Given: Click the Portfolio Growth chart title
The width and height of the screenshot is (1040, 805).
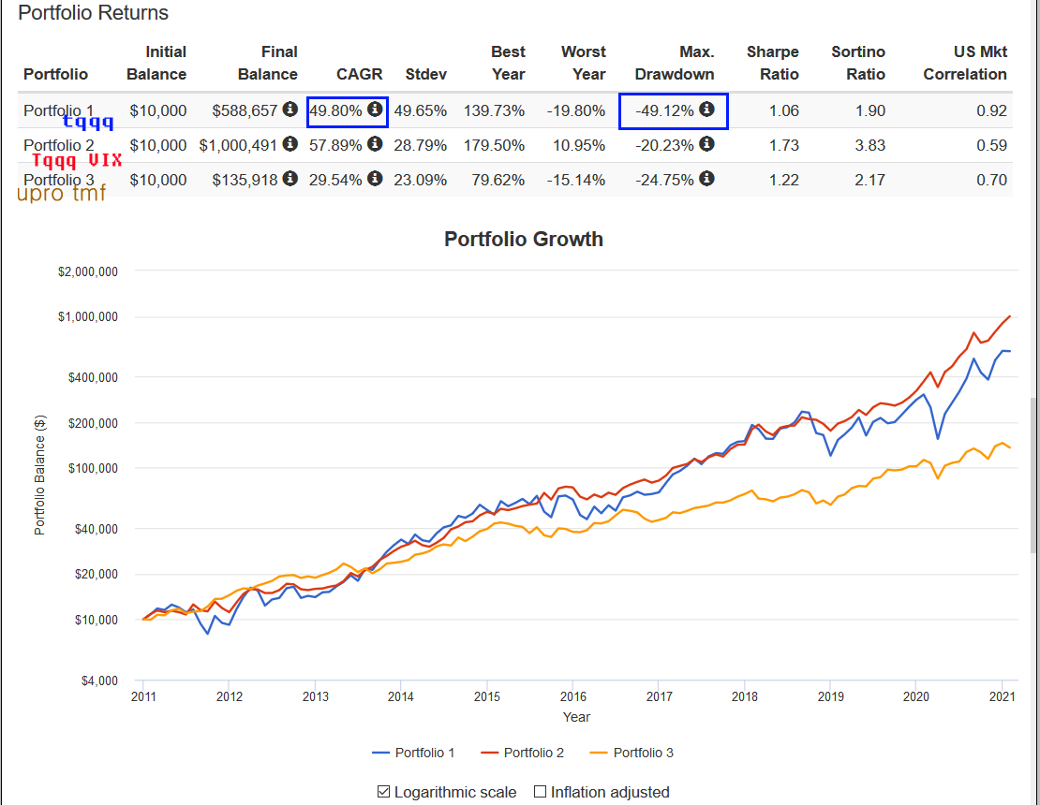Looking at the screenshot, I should coord(523,239).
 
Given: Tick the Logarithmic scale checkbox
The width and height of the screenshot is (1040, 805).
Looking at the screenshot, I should coord(383,792).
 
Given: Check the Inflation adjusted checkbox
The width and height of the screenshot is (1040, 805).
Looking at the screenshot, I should coord(540,792).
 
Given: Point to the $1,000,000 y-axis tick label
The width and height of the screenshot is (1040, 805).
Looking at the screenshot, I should coord(87,316).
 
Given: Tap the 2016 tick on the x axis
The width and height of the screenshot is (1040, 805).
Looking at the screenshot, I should coord(572,696).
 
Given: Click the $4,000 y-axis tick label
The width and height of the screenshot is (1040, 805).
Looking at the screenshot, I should coord(97,681).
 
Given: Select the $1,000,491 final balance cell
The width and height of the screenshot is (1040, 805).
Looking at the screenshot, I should coord(238,145).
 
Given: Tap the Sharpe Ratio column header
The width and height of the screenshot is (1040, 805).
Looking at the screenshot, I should coord(772,63).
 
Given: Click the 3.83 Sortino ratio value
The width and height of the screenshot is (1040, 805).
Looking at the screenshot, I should coord(869,145).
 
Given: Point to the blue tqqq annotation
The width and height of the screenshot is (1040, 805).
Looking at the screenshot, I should coord(88,122).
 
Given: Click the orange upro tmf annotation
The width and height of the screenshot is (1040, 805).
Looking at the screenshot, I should coord(61,194).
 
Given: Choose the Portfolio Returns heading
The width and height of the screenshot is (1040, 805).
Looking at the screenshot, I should coord(94,13).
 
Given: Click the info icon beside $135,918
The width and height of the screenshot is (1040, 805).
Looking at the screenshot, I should coord(290,179).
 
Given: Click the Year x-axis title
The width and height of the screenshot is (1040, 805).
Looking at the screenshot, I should coord(576,717).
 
